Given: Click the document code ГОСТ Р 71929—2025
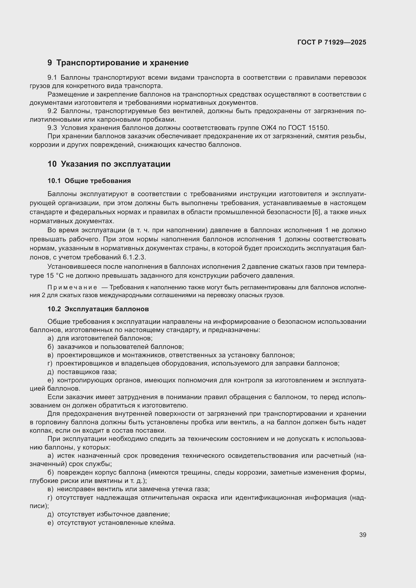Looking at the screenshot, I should pos(332,42).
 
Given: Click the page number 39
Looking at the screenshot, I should pos(362,535).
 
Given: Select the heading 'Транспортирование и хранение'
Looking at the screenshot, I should pos(122,63).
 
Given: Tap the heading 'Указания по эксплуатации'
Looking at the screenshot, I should pos(115,164).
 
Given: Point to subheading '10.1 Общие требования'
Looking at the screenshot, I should pos(89,181).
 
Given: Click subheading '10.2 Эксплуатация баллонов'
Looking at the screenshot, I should pos(98,309).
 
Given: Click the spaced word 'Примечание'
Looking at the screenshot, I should pos(72,287).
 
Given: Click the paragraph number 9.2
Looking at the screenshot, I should pos(52,111).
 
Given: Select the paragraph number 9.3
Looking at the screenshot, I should pos(52,128).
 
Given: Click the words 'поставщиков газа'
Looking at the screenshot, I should pos(87,372).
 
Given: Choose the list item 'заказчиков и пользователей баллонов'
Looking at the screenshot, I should pos(120,347).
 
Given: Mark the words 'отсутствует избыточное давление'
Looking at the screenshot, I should pos(113,514).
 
